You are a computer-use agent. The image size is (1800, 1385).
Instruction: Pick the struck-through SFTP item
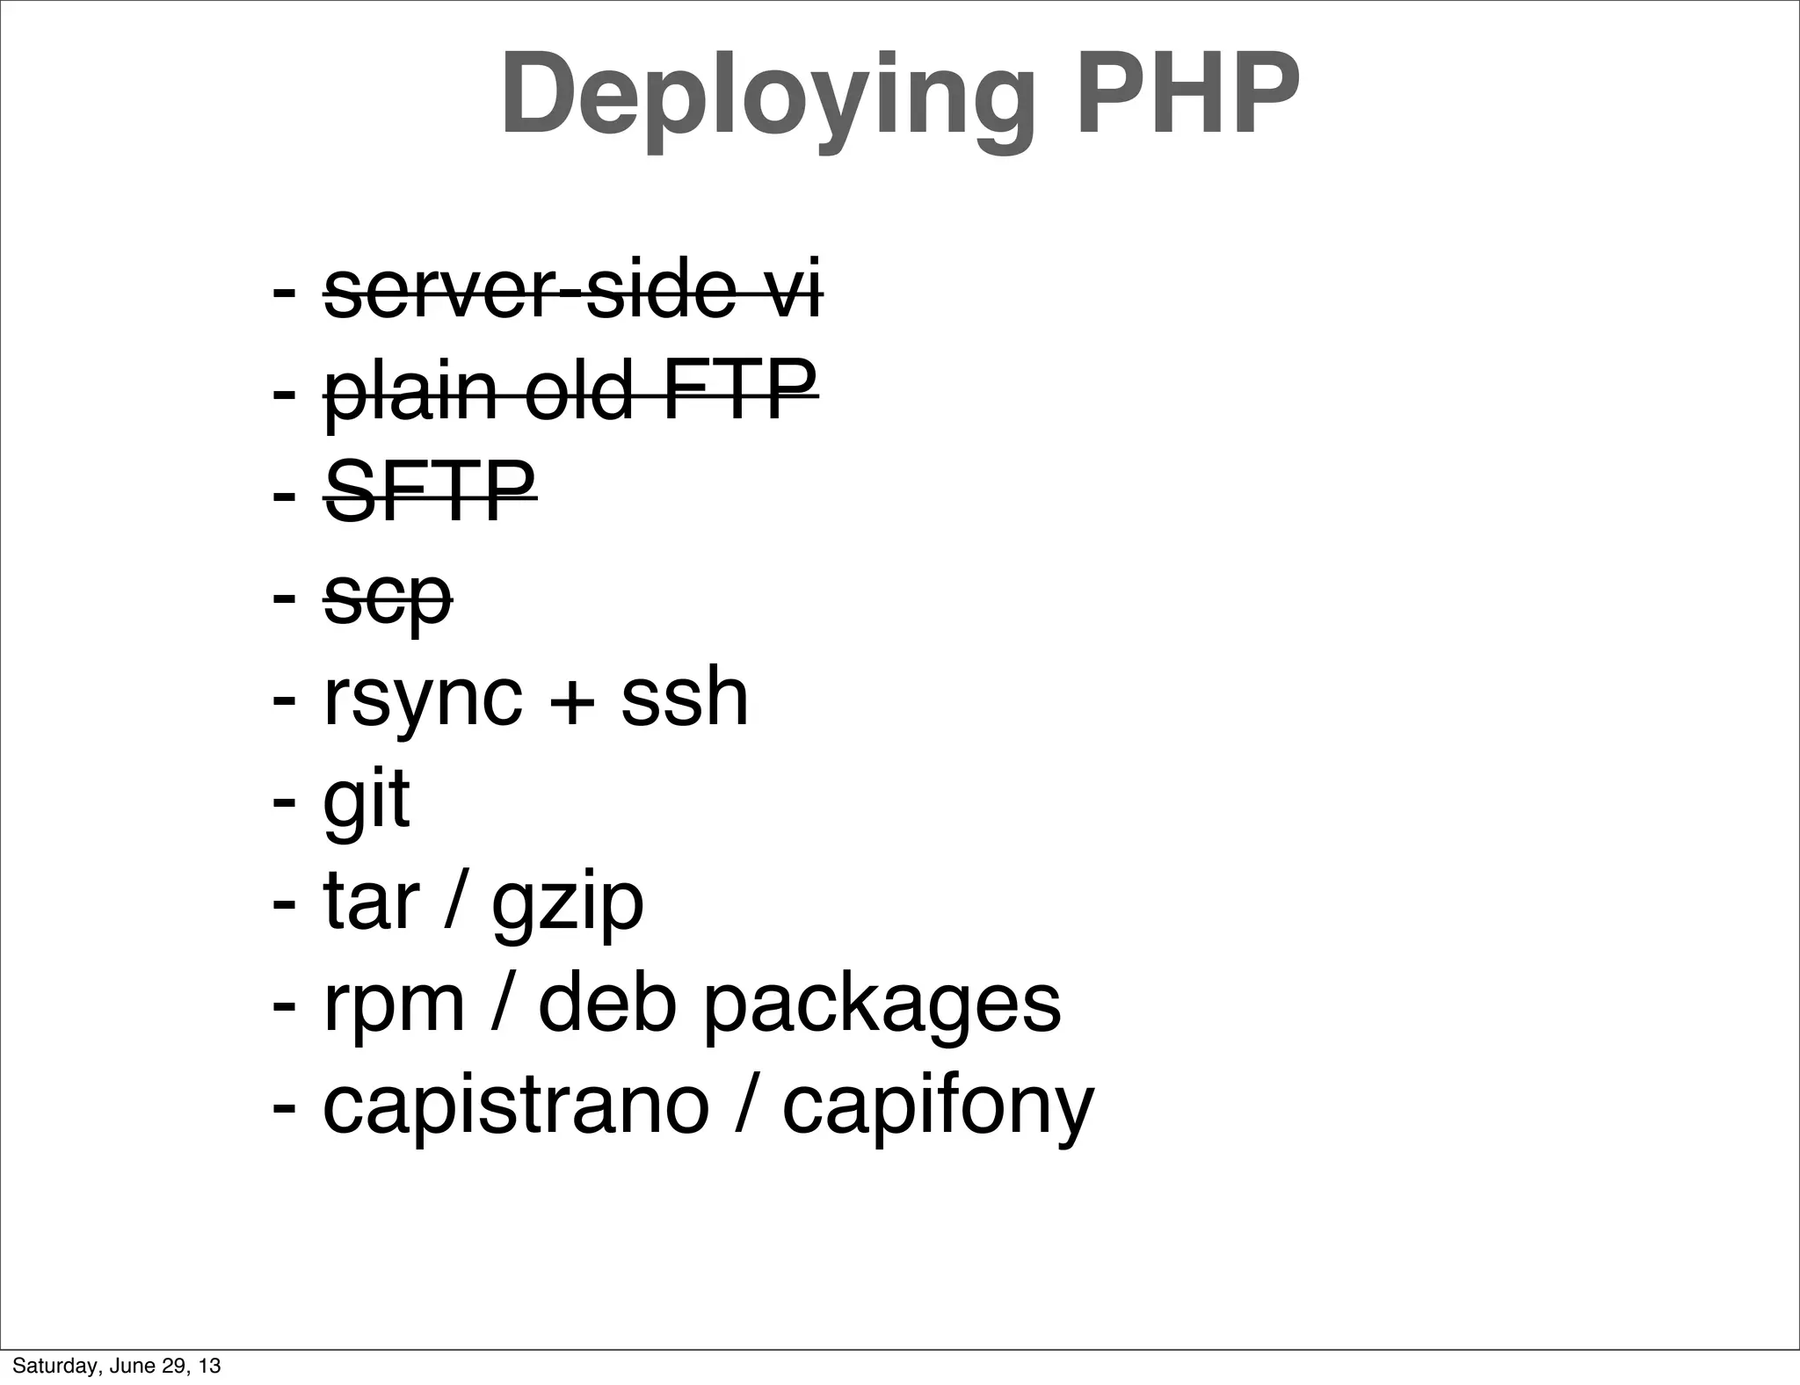(x=430, y=491)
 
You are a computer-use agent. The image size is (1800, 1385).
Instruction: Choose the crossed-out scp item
(x=388, y=598)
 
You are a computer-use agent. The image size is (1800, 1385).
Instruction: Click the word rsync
(x=423, y=699)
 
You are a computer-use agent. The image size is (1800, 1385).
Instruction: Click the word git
(x=367, y=800)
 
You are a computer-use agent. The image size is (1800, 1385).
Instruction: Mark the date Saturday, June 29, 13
(x=116, y=1366)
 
